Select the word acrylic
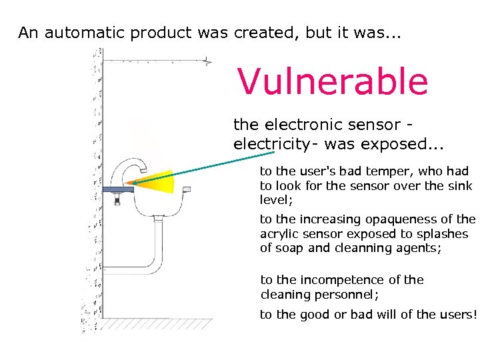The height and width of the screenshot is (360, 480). click(x=281, y=233)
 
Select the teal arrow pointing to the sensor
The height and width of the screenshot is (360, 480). click(x=193, y=167)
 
